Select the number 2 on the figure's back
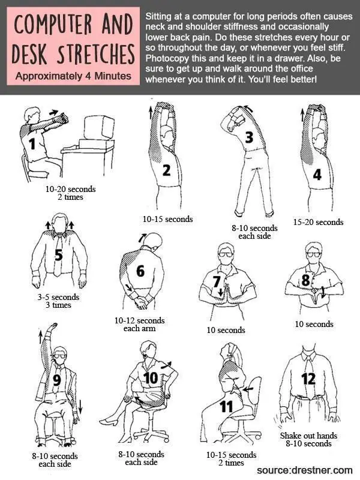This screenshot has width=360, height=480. pos(167,170)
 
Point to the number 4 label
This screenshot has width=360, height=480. pos(316,174)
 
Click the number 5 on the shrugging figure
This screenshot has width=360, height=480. pos(58,255)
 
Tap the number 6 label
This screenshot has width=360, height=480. pos(140,271)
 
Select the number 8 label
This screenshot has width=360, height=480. pos(306,280)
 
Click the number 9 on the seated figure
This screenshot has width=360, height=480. pos(57,379)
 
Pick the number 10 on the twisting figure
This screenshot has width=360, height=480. pos(150,378)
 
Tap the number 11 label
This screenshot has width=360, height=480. pos(226,406)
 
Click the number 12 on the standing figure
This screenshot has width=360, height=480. pos(308,379)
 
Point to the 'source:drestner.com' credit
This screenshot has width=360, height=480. pos(304,470)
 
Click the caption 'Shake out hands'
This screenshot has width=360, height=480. pos(308,436)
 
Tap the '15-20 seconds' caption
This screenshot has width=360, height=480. pos(318,222)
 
